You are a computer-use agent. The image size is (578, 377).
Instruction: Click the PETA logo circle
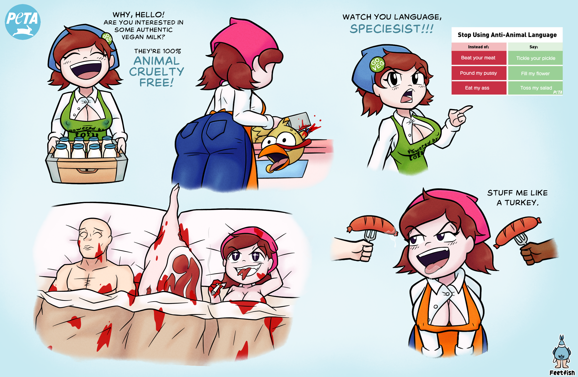point(23,22)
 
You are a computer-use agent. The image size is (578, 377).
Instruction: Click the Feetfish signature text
point(562,373)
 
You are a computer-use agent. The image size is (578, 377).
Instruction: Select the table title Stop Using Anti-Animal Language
point(507,35)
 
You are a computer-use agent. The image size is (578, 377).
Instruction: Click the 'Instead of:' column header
point(479,47)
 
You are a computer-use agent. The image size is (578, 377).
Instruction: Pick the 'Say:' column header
point(534,47)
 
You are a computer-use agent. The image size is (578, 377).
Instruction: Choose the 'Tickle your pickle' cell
point(536,58)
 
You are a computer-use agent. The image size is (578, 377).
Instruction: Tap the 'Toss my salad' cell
point(536,88)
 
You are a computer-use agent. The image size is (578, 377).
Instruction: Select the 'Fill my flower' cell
point(536,73)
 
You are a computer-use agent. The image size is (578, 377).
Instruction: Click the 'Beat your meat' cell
point(479,58)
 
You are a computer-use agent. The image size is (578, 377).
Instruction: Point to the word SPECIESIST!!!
point(392,29)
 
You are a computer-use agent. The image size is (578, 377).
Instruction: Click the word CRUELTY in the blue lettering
point(156,72)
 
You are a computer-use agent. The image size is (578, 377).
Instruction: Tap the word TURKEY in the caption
point(521,203)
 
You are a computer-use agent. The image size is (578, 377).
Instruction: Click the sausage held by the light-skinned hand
point(371,224)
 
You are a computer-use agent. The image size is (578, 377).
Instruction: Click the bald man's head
point(95,238)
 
